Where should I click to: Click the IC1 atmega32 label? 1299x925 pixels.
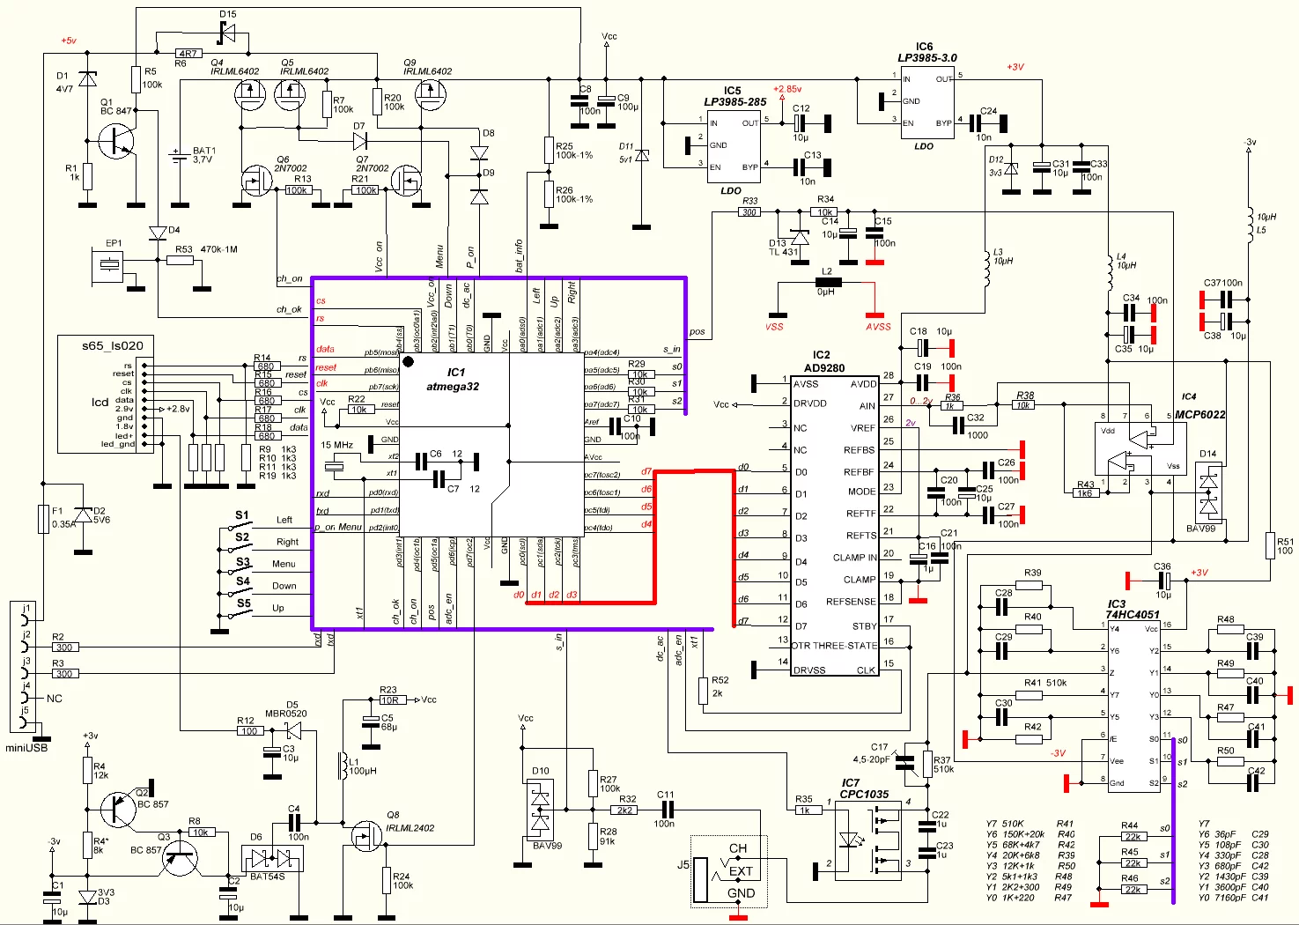(x=454, y=380)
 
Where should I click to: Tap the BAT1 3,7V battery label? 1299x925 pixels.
(x=203, y=155)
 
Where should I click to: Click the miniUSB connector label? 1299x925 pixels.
(x=26, y=748)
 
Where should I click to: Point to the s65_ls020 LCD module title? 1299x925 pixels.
(x=112, y=345)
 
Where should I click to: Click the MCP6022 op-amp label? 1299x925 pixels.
(x=1199, y=414)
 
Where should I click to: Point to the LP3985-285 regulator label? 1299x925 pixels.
(x=734, y=102)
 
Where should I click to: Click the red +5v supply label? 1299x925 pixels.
(x=68, y=41)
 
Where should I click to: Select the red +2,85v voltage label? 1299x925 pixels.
(x=787, y=89)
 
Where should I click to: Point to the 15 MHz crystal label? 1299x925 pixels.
(x=336, y=445)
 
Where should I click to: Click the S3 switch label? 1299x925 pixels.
(x=243, y=561)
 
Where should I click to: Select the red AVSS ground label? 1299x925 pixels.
(x=877, y=327)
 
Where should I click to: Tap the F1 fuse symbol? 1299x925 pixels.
(x=42, y=520)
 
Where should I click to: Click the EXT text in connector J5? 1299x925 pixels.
(x=741, y=871)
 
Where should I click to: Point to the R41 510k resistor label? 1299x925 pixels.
(x=1045, y=683)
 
